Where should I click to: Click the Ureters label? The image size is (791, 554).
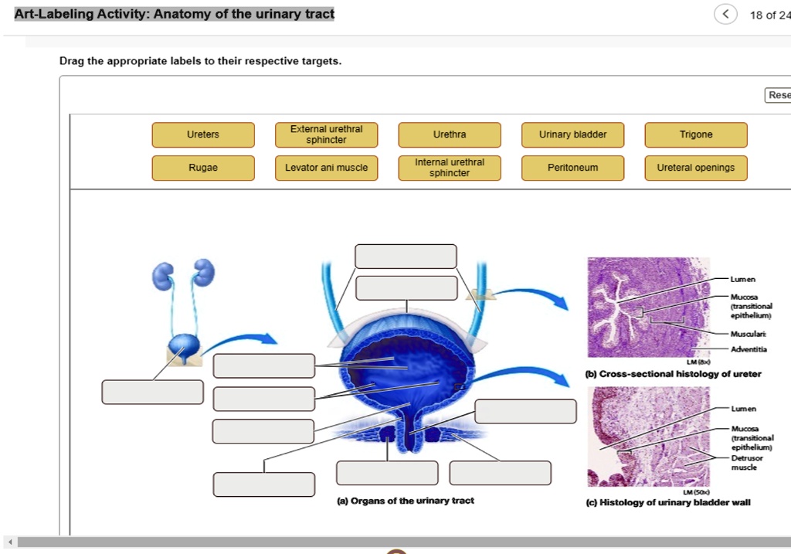[x=203, y=134]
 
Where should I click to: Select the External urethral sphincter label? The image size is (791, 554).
[x=326, y=134]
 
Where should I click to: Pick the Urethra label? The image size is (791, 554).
[x=450, y=134]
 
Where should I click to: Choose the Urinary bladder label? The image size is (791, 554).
[x=572, y=134]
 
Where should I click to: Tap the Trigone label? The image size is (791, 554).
[x=696, y=134]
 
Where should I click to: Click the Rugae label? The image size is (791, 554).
[x=203, y=168]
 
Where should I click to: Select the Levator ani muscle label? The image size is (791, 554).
[x=326, y=168]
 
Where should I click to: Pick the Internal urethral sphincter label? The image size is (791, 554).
[x=450, y=168]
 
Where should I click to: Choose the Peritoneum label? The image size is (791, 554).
[x=572, y=168]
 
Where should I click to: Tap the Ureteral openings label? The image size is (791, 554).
[x=696, y=168]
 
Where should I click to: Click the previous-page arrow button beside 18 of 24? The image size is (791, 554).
[x=725, y=15]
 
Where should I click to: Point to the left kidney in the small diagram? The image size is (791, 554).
[x=163, y=275]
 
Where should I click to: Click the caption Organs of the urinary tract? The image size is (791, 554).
[x=406, y=501]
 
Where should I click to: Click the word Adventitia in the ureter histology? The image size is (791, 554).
[x=749, y=349]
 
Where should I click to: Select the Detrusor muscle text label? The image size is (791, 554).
[x=745, y=463]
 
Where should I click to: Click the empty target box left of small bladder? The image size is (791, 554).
[x=153, y=392]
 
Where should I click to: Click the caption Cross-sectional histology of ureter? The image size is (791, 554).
[x=674, y=374]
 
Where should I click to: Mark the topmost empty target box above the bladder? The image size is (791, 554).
[x=406, y=256]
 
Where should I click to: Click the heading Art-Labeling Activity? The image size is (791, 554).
[x=175, y=14]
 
